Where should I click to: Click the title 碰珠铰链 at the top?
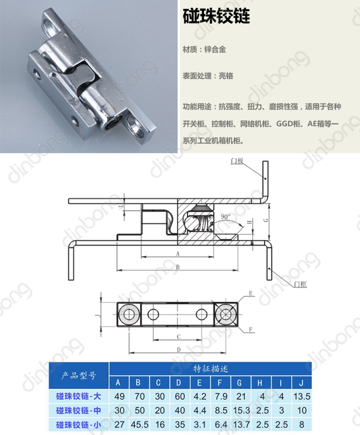pyautogui.click(x=216, y=16)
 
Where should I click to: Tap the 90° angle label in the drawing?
pyautogui.click(x=226, y=217)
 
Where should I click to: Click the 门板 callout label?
pyautogui.click(x=237, y=161)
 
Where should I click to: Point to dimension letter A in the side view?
pyautogui.click(x=178, y=254)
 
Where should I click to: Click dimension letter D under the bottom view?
pyautogui.click(x=179, y=350)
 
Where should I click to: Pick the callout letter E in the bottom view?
pyautogui.click(x=251, y=293)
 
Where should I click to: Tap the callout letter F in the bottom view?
pyautogui.click(x=251, y=329)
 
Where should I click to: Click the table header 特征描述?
pyautogui.click(x=211, y=369)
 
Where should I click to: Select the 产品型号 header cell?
pyautogui.click(x=79, y=375)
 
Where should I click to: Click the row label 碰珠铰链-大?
pyautogui.click(x=78, y=396)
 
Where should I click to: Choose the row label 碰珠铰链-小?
pyautogui.click(x=78, y=425)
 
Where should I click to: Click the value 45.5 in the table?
pyautogui.click(x=139, y=425)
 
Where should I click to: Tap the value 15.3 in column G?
pyautogui.click(x=242, y=410)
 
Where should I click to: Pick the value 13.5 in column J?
pyautogui.click(x=302, y=396)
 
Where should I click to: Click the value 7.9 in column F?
pyautogui.click(x=221, y=396)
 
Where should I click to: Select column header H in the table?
pyautogui.click(x=260, y=383)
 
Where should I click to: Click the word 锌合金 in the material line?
pyautogui.click(x=215, y=50)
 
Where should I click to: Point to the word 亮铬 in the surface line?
pyautogui.click(x=226, y=76)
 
